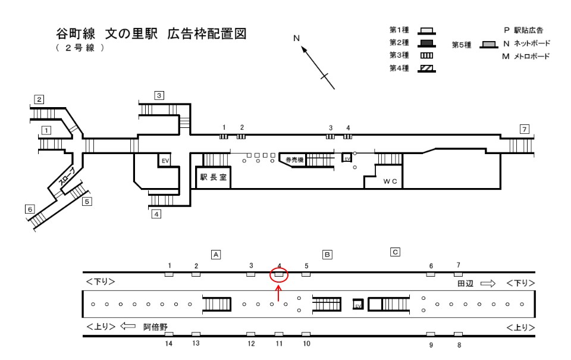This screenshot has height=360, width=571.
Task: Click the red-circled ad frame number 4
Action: point(279,274)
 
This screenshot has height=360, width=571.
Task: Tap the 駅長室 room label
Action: point(213,177)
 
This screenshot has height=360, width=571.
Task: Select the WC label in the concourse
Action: point(390,181)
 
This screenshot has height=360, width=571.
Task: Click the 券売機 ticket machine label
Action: point(294,160)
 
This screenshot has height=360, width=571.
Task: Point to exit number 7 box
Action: point(523,129)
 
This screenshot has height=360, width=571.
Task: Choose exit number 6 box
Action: point(29,209)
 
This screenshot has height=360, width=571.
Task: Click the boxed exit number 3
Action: point(159,95)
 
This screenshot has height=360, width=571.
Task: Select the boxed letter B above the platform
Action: point(327,253)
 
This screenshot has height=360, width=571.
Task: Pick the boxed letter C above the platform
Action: point(394,251)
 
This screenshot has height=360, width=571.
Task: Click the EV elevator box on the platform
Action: point(358,304)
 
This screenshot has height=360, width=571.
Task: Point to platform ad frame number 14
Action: point(169,334)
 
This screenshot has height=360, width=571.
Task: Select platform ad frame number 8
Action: point(458,334)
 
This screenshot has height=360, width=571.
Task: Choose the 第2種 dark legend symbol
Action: point(425,42)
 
